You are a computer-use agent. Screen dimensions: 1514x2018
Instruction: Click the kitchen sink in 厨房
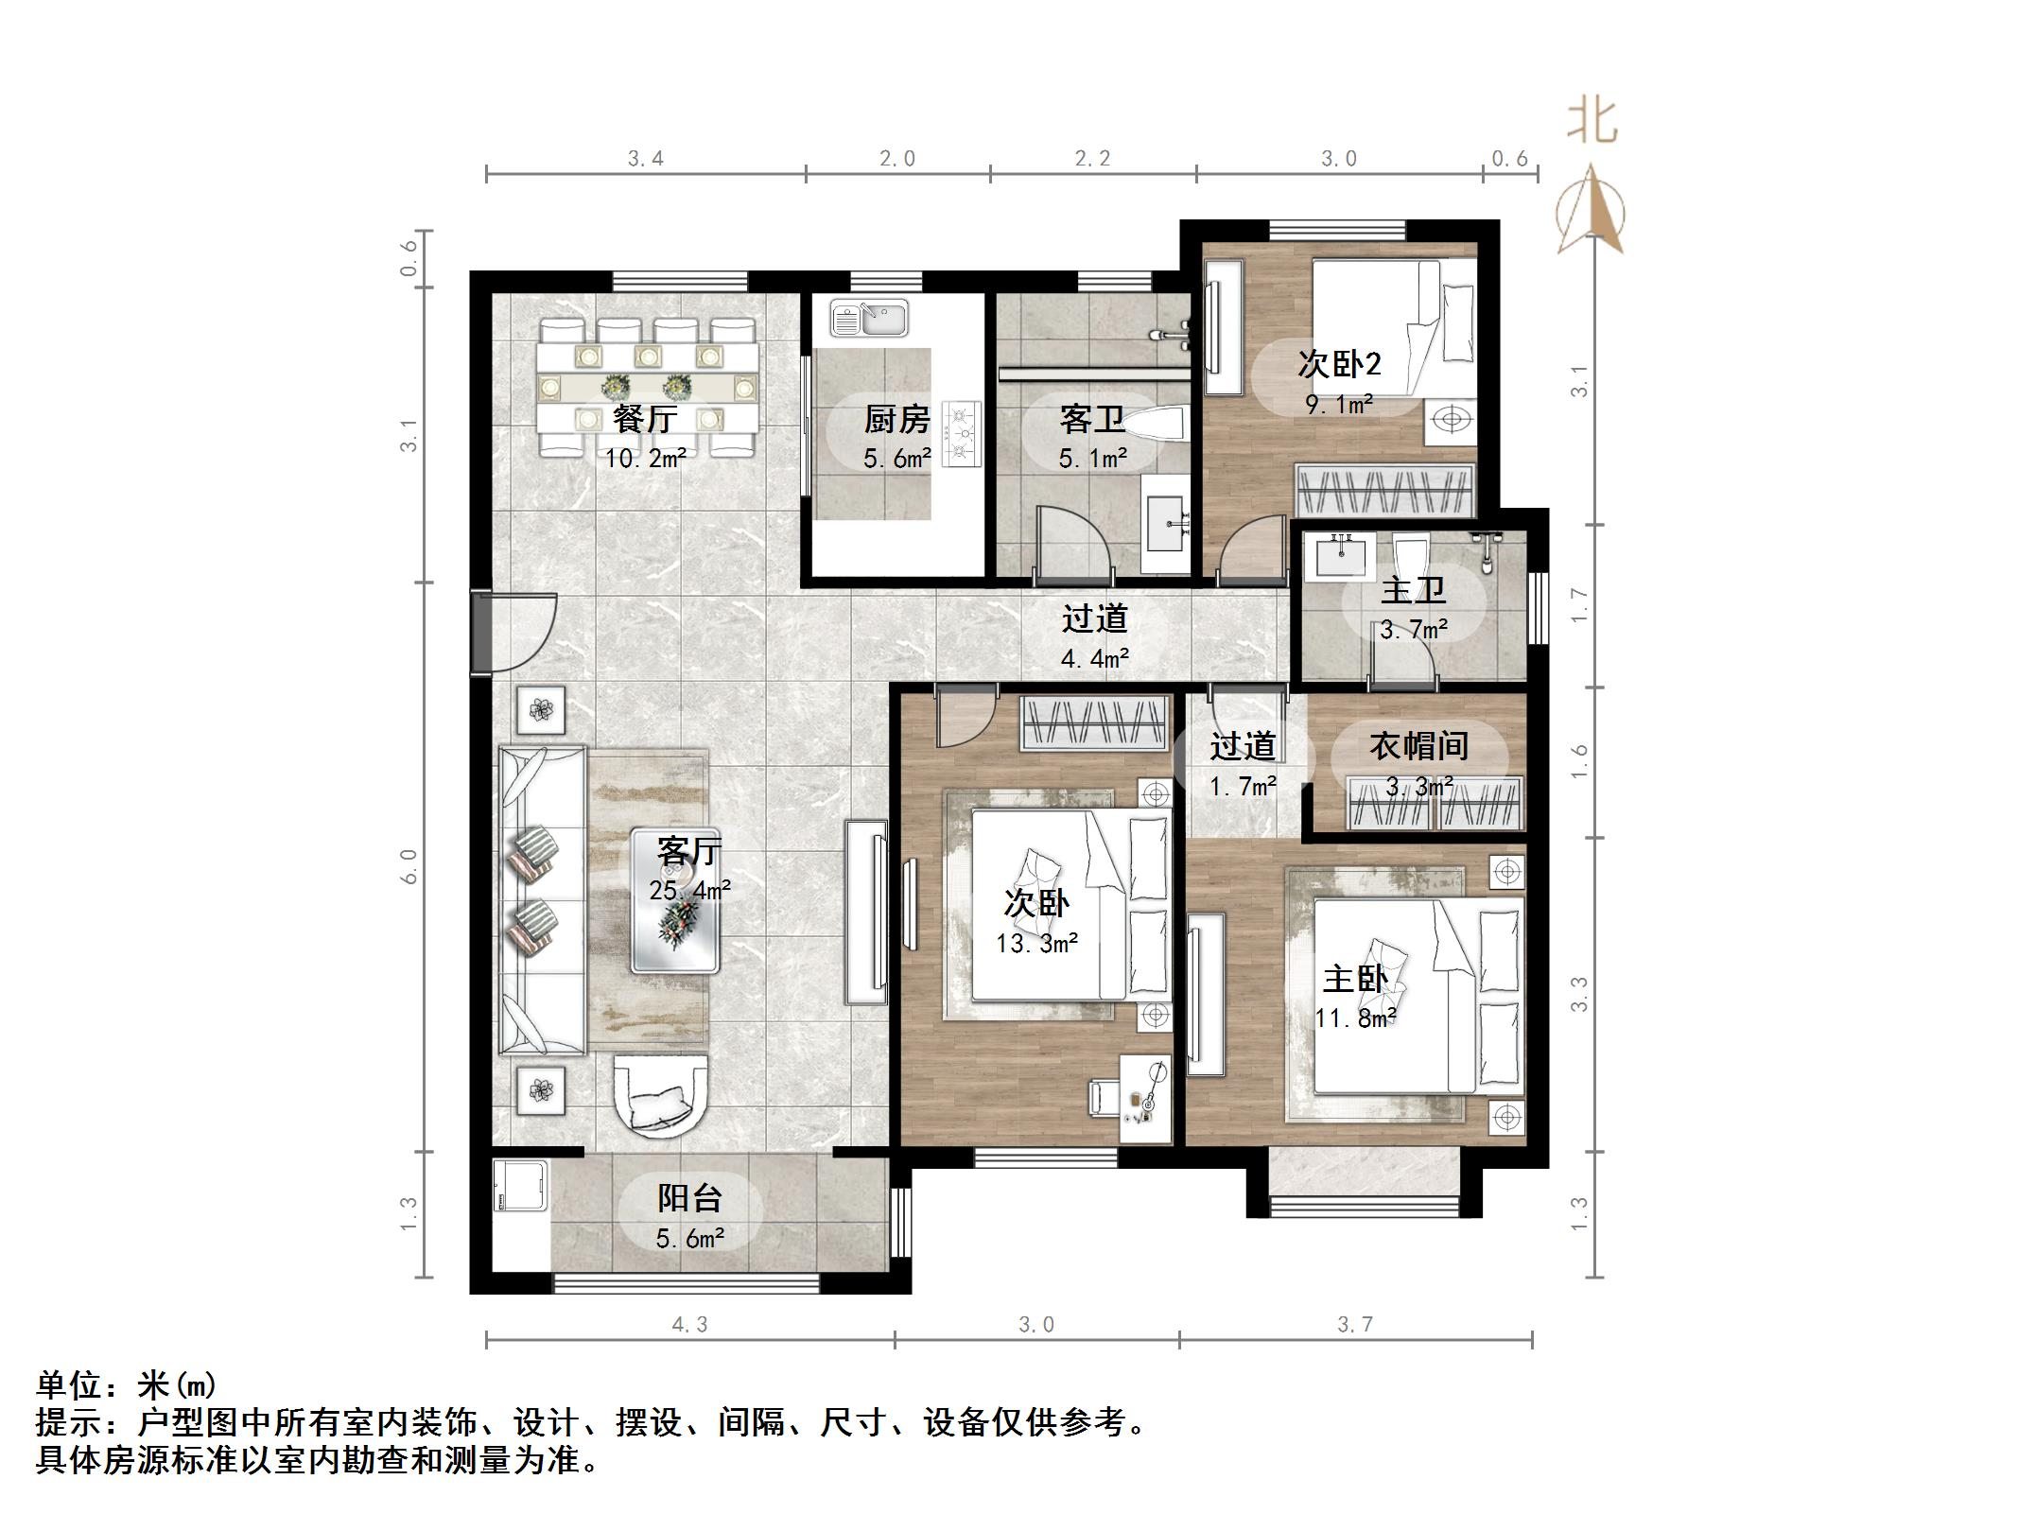869,319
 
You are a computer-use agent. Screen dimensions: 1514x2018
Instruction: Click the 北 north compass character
1592,122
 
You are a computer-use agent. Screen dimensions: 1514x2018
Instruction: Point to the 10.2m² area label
645,460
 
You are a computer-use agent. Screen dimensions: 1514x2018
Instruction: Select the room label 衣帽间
1418,746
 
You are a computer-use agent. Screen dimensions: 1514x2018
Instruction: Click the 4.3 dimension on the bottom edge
689,1325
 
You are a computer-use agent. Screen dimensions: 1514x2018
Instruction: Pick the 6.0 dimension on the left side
409,866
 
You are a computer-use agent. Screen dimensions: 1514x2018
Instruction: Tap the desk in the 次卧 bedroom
1145,1097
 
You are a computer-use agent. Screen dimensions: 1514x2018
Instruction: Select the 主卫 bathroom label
1413,590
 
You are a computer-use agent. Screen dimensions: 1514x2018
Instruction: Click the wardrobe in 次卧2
1385,491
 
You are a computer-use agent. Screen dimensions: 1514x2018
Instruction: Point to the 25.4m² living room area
689,890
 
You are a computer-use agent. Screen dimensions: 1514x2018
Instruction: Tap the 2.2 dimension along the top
1092,159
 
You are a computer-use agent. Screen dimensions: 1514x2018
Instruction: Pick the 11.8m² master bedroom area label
1355,1018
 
